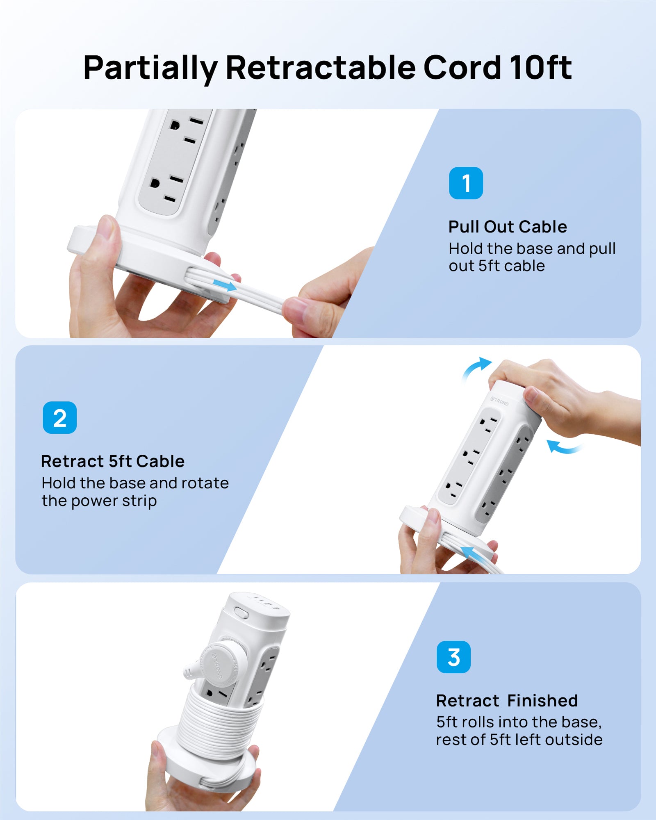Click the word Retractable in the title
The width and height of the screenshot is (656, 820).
coord(321,67)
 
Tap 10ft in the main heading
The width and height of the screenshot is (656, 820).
coord(540,67)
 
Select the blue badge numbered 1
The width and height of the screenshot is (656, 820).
coord(466,183)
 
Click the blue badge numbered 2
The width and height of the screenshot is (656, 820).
coord(60,418)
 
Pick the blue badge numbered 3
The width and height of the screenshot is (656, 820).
coord(453,657)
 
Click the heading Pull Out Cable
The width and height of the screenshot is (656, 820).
coord(508,227)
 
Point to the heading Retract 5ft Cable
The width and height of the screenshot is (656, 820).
coord(113,461)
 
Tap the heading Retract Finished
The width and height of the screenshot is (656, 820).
coord(507,701)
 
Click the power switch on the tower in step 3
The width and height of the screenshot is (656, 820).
coord(241,613)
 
